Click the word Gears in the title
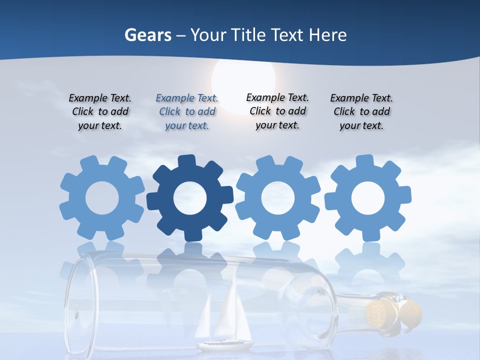pos(147,35)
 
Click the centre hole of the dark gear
pos(189,198)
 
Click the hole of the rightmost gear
pos(367,198)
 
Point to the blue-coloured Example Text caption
pos(187,112)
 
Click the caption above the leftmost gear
pos(100,112)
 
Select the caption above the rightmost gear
pos(361,112)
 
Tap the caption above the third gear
pos(277,111)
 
